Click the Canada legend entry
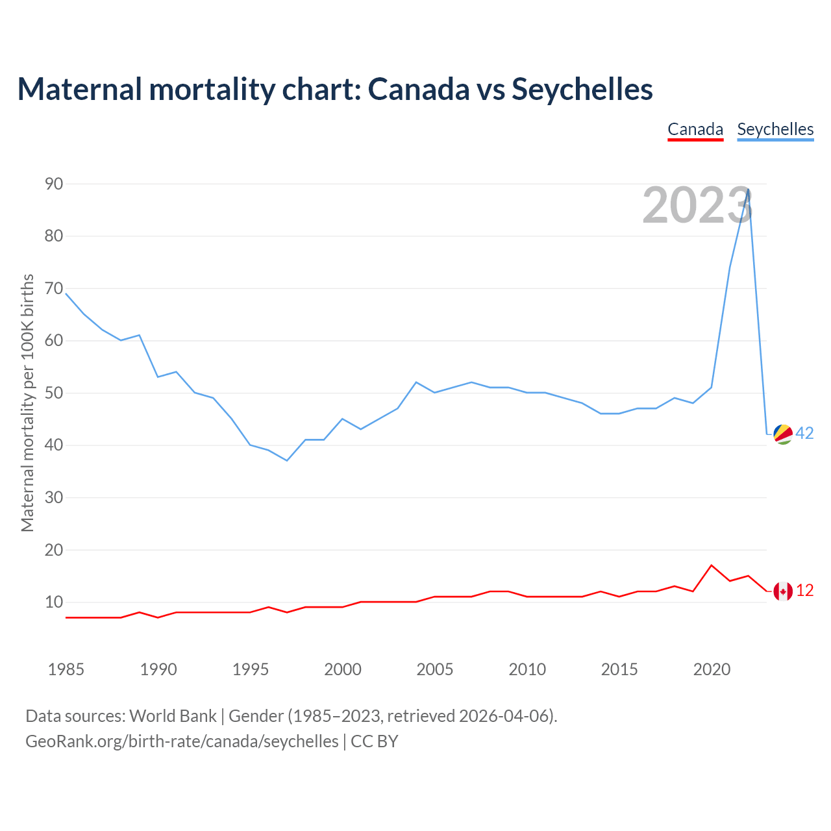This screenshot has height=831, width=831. pos(695,129)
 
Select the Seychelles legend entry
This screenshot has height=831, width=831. pos(775,129)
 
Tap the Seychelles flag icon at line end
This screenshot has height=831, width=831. pos(783,434)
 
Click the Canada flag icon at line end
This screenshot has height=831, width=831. pos(783,591)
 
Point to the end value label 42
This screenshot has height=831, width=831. pos(804,434)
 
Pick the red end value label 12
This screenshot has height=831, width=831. pos(804,591)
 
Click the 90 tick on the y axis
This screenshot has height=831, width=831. pos(54,184)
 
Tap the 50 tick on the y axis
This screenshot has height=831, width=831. pos(54,393)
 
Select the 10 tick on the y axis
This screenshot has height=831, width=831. pos(54,602)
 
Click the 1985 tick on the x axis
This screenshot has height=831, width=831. pos(66,669)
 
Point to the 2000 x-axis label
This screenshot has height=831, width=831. pos(343,669)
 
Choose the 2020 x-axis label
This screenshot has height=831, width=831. pos(712,669)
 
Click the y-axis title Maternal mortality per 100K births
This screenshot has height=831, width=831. pos(27,403)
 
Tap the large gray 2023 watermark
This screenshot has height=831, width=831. pos(697,205)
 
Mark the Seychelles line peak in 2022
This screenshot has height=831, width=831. pos(749,190)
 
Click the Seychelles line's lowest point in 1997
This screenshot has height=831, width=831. pos(287,460)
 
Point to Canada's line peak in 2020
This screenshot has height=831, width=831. pos(712,565)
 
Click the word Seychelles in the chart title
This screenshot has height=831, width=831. pos(582,89)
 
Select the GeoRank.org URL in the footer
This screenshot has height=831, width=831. pos(182,741)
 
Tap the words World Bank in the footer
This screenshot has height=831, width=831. pos(173,716)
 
